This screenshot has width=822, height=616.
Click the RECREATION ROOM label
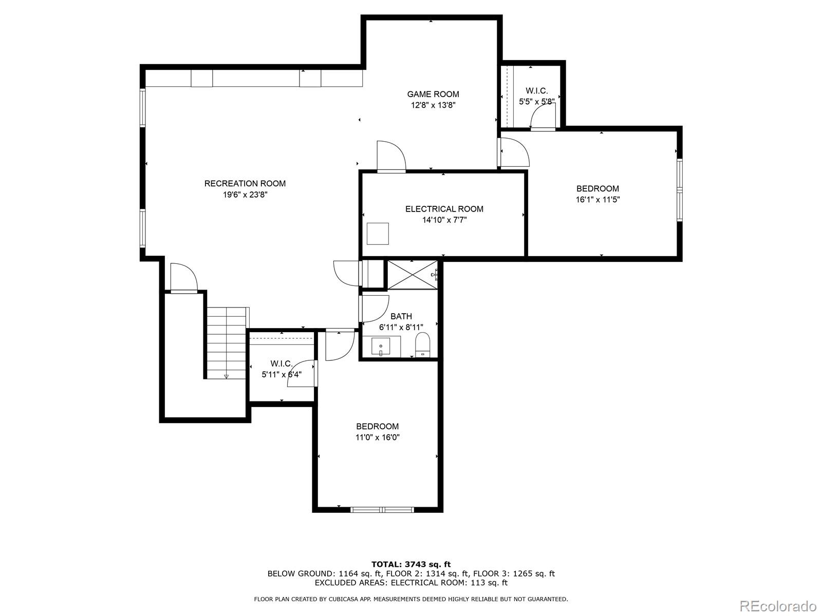click(x=245, y=183)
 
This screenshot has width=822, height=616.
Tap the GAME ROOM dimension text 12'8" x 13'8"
click(x=433, y=105)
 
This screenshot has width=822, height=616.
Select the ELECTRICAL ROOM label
click(x=444, y=209)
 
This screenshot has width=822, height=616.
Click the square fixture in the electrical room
click(x=378, y=234)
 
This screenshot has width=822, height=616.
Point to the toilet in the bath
click(x=422, y=344)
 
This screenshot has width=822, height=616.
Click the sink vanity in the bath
click(x=381, y=347)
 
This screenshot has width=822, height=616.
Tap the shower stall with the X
click(x=412, y=275)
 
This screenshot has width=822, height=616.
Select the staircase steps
click(x=226, y=343)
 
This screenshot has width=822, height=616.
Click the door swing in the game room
click(x=391, y=156)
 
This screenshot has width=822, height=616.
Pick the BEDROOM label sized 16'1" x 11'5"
click(x=597, y=188)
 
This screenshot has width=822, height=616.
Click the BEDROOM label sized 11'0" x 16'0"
click(x=378, y=426)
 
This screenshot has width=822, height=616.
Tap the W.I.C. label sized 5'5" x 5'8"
click(x=536, y=90)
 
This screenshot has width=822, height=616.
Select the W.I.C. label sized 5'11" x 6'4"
click(x=282, y=363)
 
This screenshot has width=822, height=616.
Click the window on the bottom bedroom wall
click(x=382, y=509)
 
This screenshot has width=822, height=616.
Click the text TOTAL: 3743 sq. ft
click(x=411, y=564)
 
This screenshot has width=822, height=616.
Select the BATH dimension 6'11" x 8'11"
click(x=401, y=327)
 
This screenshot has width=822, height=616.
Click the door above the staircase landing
click(x=184, y=279)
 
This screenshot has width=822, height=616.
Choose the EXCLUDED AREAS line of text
click(x=411, y=583)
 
